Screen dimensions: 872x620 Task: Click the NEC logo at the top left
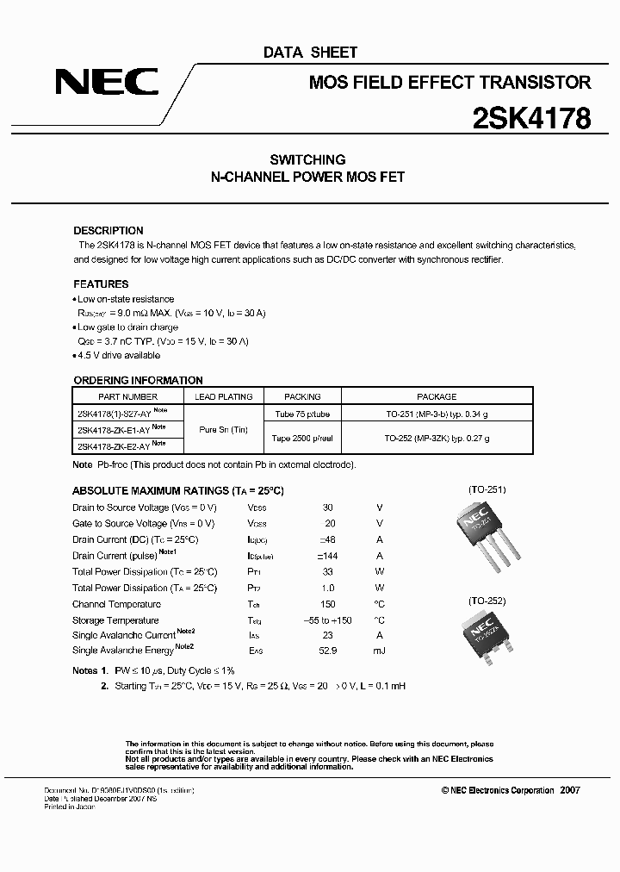107,83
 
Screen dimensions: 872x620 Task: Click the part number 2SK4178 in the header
531,118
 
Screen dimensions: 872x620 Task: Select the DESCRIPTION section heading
108,231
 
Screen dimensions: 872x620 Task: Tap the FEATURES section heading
101,283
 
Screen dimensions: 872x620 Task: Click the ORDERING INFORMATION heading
138,380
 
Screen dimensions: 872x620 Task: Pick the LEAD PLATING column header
224,396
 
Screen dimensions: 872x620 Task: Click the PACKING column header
302,396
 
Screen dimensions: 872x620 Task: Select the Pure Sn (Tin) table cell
224,429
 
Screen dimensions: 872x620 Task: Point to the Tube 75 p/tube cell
302,414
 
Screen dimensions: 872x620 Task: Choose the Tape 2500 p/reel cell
302,438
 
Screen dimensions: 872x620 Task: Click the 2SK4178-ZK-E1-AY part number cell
117,429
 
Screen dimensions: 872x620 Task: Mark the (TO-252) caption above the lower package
487,601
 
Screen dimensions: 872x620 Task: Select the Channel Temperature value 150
327,604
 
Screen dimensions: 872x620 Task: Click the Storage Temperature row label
115,620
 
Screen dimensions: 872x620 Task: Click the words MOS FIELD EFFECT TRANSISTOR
449,83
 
